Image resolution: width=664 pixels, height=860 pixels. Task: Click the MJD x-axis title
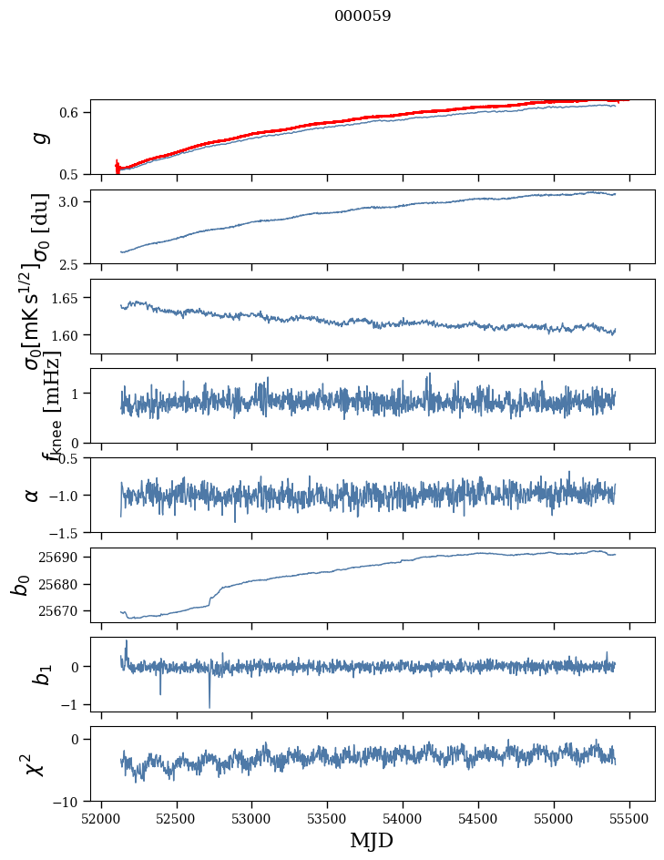click(372, 840)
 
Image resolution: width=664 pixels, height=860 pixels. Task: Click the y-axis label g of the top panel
click(38, 137)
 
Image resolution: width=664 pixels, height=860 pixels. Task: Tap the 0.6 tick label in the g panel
click(73, 112)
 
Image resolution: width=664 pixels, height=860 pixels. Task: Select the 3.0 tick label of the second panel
click(73, 201)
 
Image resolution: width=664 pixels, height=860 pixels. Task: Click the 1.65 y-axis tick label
click(69, 298)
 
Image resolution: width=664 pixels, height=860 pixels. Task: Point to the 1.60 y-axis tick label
click(69, 335)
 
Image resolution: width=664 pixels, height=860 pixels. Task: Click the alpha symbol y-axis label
click(32, 495)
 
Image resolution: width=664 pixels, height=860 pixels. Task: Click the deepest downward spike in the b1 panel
click(209, 707)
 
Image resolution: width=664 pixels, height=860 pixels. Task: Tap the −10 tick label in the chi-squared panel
click(70, 802)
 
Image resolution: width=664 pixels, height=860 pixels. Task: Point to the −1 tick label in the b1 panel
click(73, 704)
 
